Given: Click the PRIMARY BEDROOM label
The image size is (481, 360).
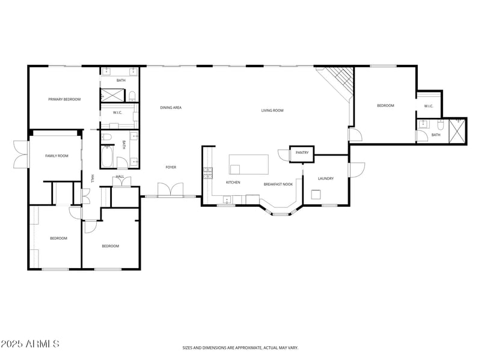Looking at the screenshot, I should [x=64, y=99].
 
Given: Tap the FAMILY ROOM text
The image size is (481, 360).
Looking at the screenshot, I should [x=57, y=156].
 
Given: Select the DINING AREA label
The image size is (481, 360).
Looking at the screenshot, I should [x=171, y=108].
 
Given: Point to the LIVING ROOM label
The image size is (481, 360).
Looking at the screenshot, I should [x=272, y=110].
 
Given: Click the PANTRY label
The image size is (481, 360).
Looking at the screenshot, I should [x=302, y=153].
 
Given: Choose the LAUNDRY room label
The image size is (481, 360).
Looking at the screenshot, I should [x=325, y=178].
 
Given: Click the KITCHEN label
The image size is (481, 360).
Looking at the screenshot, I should [x=233, y=182].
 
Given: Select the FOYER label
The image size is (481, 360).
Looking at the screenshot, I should [x=171, y=167].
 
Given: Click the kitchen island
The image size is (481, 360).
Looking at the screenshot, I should [x=248, y=163].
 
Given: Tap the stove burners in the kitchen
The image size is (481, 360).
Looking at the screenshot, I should [x=208, y=173].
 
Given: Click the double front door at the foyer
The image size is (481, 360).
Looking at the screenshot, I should [x=171, y=190].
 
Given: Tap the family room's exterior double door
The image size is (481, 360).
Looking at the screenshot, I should [x=20, y=154].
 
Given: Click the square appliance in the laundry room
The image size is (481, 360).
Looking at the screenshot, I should [x=316, y=194].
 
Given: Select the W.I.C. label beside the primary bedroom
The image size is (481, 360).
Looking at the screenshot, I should [x=117, y=112].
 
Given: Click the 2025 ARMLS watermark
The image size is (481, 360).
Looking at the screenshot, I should [x=30, y=344].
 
